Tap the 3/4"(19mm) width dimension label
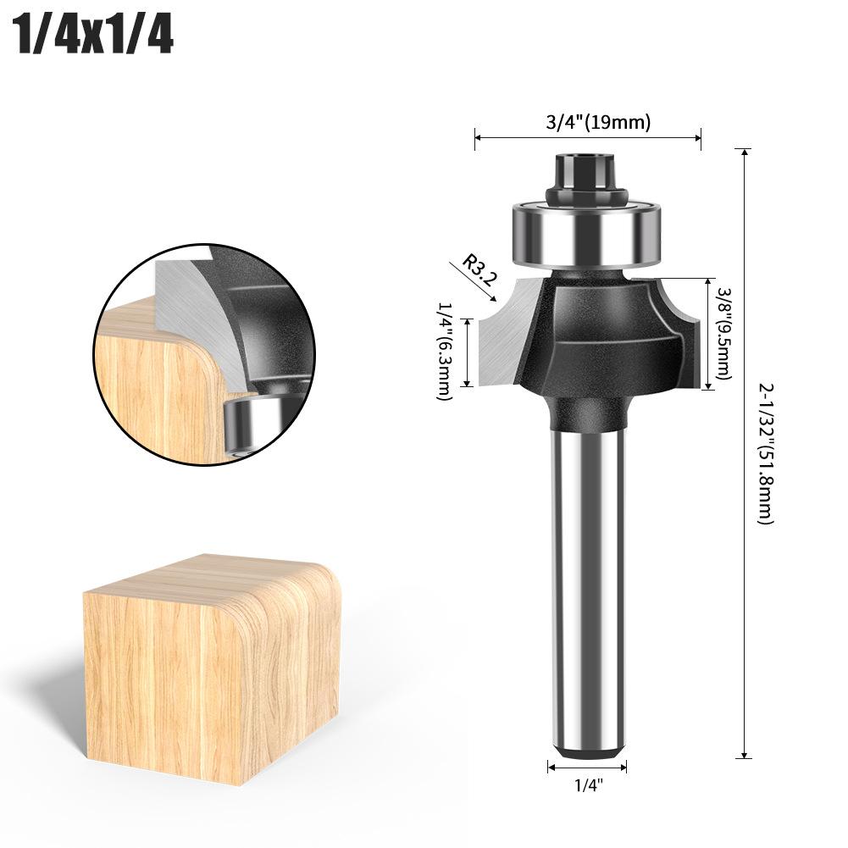[x=598, y=122]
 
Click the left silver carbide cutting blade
[x=504, y=335]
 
